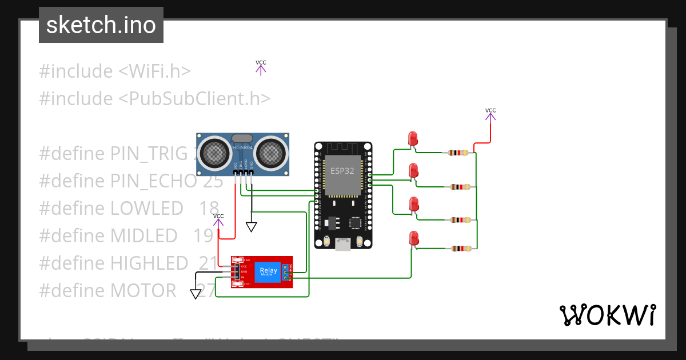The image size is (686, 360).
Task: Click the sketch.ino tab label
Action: point(101,25)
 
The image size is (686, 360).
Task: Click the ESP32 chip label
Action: point(343,170)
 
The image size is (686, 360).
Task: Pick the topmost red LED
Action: point(413,139)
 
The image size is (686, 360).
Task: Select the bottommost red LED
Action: point(413,238)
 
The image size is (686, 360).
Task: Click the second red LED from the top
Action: point(413,171)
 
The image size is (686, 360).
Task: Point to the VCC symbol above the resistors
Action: point(490,115)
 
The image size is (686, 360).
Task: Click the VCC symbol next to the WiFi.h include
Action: point(261,67)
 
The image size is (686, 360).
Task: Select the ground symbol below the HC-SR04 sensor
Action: point(252,227)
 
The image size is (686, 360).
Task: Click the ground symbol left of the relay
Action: point(196,294)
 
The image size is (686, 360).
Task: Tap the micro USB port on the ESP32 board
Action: point(343,245)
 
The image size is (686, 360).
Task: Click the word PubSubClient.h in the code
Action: point(194,99)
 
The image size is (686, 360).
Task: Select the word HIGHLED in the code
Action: point(149,263)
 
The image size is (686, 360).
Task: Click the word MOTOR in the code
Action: point(143,291)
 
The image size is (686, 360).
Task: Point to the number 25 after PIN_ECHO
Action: point(213,181)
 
